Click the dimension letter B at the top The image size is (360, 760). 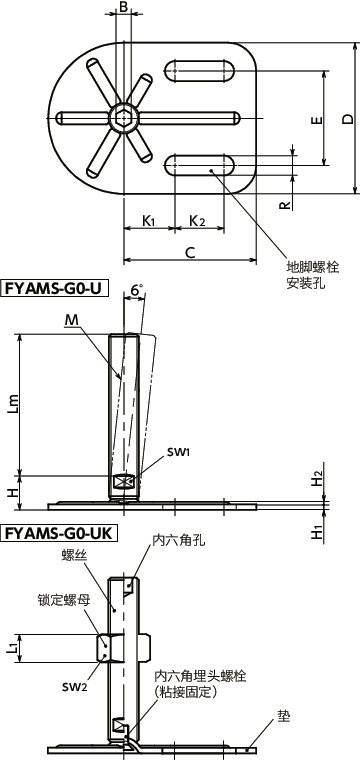(123, 8)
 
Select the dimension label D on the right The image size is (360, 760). (346, 119)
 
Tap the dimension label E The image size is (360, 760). (316, 120)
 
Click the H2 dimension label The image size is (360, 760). (316, 479)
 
